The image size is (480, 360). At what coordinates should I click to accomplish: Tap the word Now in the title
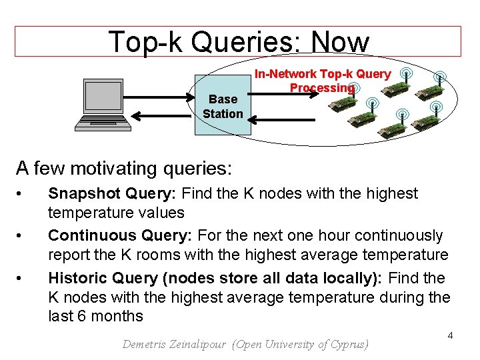pyautogui.click(x=340, y=42)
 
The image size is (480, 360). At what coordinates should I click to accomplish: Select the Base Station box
pyautogui.click(x=223, y=105)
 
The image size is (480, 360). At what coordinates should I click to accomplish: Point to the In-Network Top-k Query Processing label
pyautogui.click(x=323, y=81)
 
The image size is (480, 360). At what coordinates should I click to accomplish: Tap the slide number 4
pyautogui.click(x=450, y=335)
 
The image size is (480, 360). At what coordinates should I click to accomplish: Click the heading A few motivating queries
pyautogui.click(x=124, y=167)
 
